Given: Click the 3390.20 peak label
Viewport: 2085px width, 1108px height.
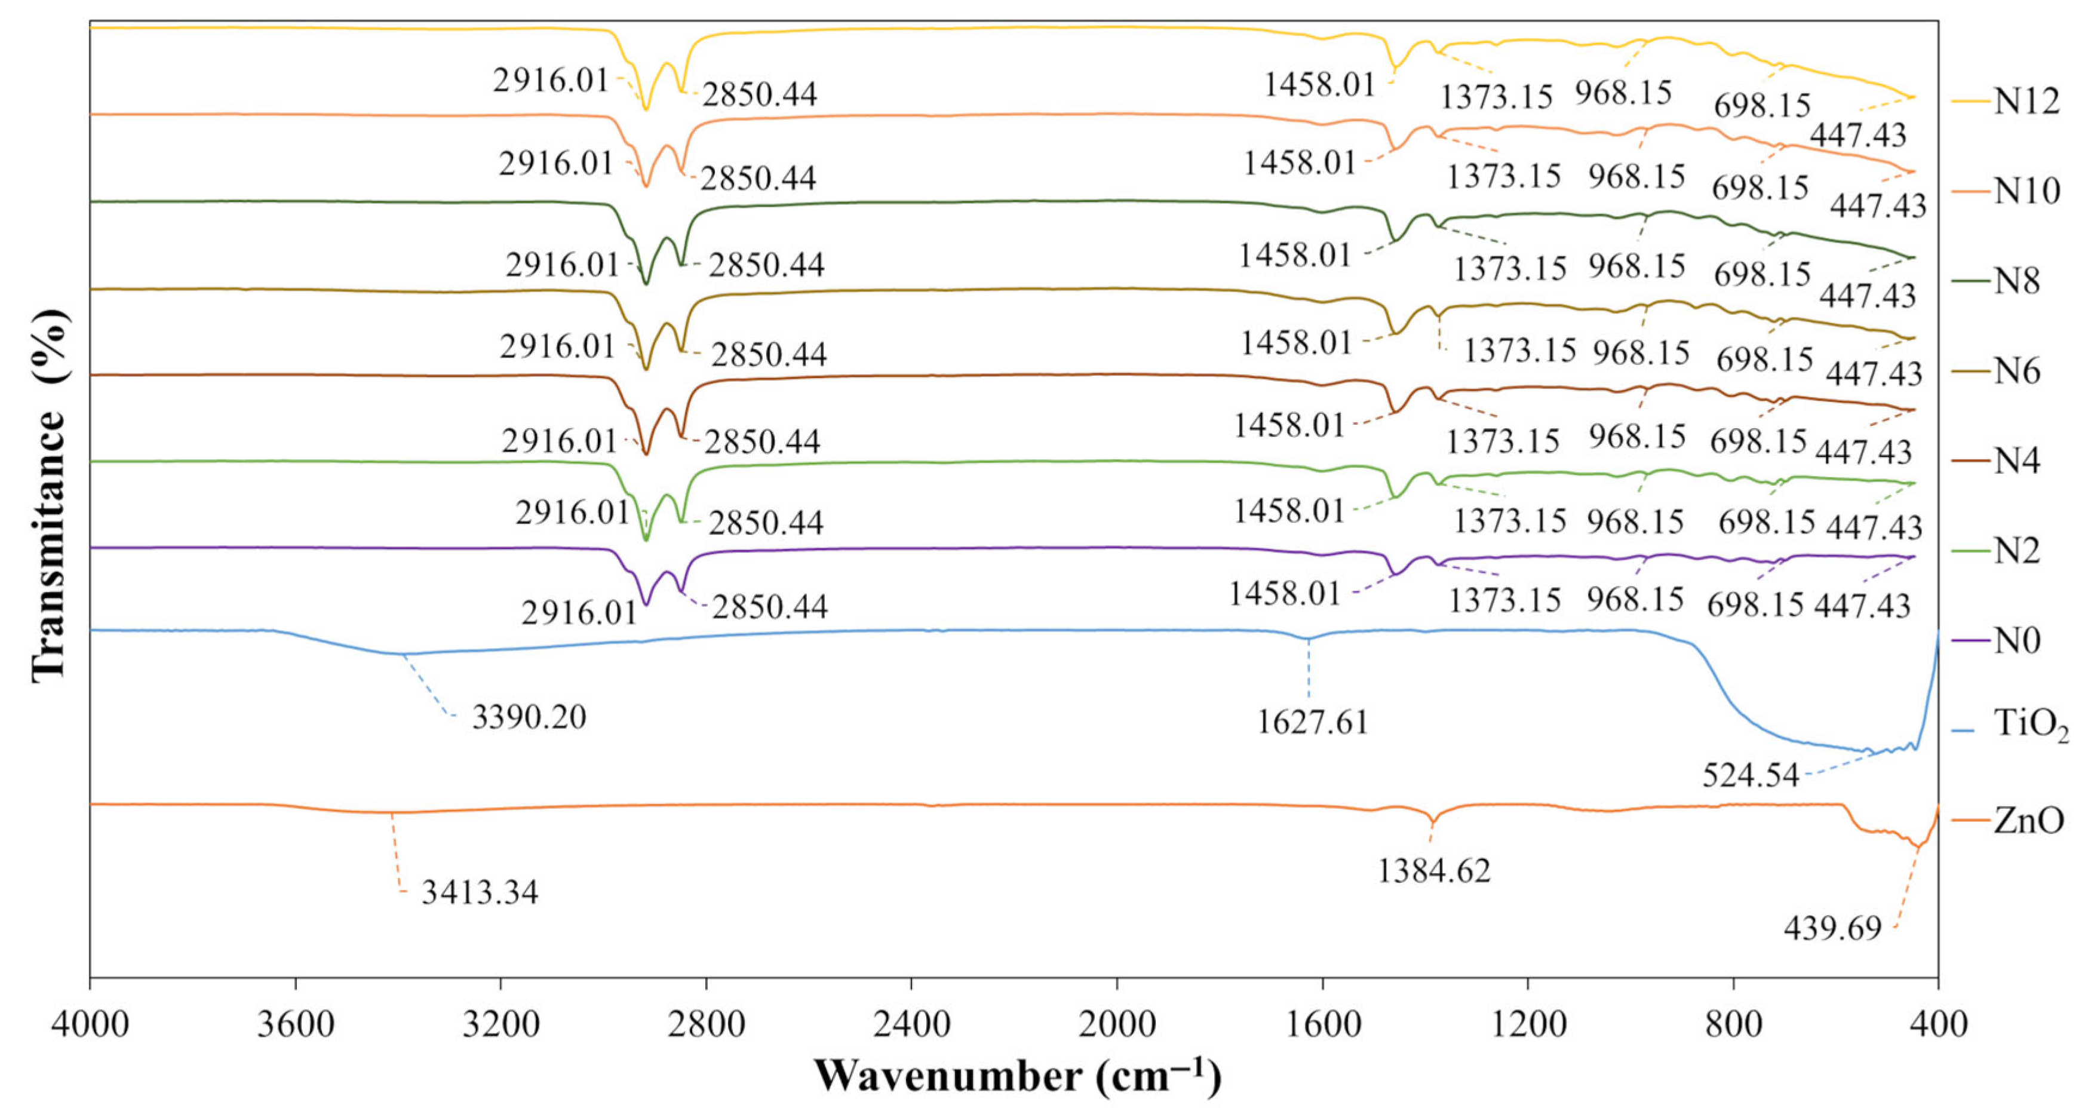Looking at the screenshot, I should pos(529,718).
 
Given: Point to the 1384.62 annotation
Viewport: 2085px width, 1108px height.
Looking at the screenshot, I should pos(1434,871).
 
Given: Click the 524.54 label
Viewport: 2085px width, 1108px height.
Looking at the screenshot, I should pos(1750,775).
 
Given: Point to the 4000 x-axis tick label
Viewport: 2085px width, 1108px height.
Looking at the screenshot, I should pos(90,1024).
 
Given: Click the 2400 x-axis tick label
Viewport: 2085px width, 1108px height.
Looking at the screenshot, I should pos(911,1024).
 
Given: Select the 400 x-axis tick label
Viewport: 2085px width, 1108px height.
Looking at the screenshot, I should pos(1937,1024).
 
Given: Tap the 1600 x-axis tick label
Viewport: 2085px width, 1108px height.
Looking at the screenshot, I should pos(1322,1024).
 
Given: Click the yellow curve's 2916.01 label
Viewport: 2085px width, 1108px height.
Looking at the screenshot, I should pos(551,80).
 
